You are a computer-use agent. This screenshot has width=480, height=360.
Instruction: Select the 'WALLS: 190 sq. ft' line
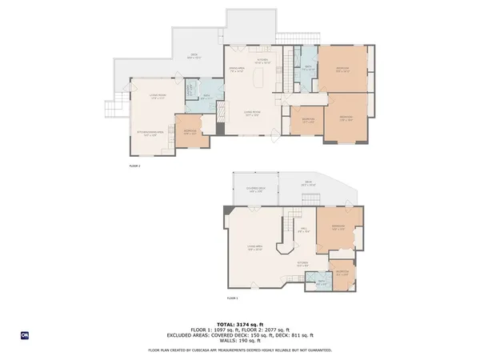pyautogui.click(x=239, y=342)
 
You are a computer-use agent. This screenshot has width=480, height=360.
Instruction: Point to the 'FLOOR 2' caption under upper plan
pyautogui.click(x=134, y=166)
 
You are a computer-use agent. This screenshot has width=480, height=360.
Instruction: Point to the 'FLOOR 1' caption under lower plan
pyautogui.click(x=233, y=298)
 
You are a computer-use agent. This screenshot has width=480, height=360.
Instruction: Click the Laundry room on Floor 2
pyautogui.click(x=190, y=91)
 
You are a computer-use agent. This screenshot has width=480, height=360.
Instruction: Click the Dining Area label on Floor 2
pyautogui.click(x=236, y=70)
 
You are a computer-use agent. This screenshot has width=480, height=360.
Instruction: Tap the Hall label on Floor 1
pyautogui.click(x=305, y=231)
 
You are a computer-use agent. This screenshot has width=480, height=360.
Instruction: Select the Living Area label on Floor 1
pyautogui.click(x=255, y=247)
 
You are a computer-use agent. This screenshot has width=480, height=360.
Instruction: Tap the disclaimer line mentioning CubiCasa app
pyautogui.click(x=239, y=350)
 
